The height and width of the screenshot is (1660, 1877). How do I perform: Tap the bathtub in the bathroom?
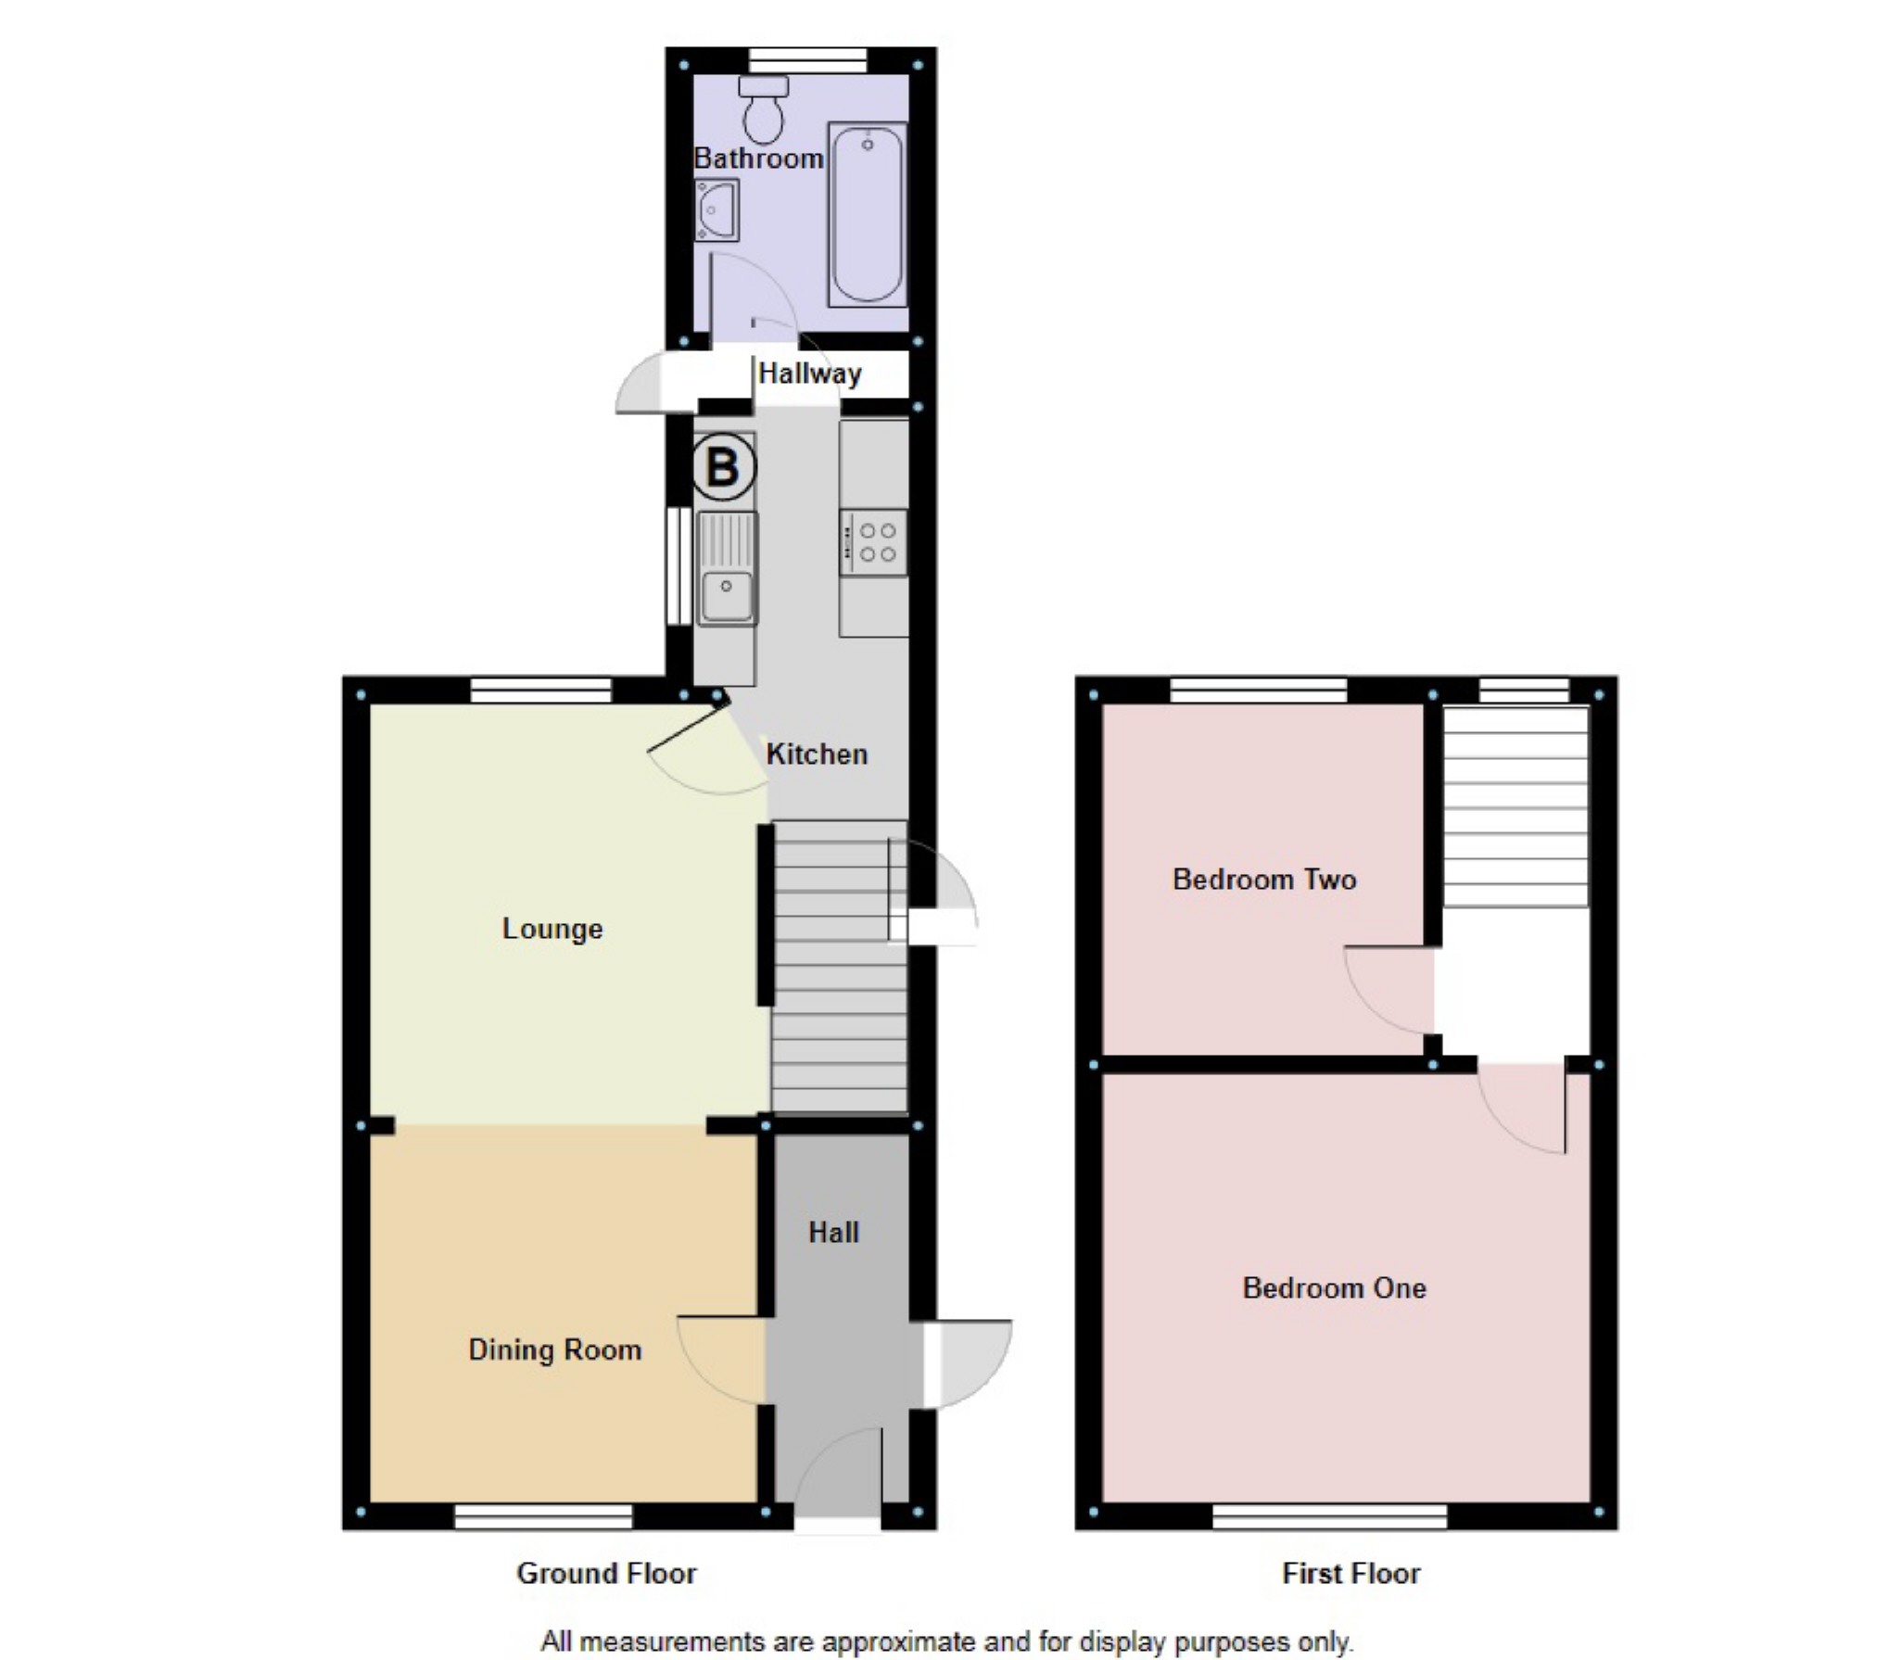867,214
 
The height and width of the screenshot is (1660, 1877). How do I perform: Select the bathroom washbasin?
717,209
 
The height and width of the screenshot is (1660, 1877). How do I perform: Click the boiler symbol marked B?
723,466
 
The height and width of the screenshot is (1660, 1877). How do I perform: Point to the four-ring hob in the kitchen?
873,542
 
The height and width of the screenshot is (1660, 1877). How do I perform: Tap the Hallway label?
809,374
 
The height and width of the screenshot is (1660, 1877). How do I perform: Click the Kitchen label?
817,754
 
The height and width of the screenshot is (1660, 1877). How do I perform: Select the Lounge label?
552,929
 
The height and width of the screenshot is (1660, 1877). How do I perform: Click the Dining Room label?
554,1350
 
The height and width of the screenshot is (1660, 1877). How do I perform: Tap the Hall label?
833,1233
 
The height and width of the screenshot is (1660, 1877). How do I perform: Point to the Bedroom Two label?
1264,879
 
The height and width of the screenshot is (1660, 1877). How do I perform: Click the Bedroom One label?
1334,1288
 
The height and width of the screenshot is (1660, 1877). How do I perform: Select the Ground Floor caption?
606,1574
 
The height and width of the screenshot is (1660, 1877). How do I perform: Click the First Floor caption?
1351,1574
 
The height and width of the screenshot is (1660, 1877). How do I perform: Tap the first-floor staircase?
1516,806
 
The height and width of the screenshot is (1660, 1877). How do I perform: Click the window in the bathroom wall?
807,61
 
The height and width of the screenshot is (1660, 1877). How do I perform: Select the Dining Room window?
543,1517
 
